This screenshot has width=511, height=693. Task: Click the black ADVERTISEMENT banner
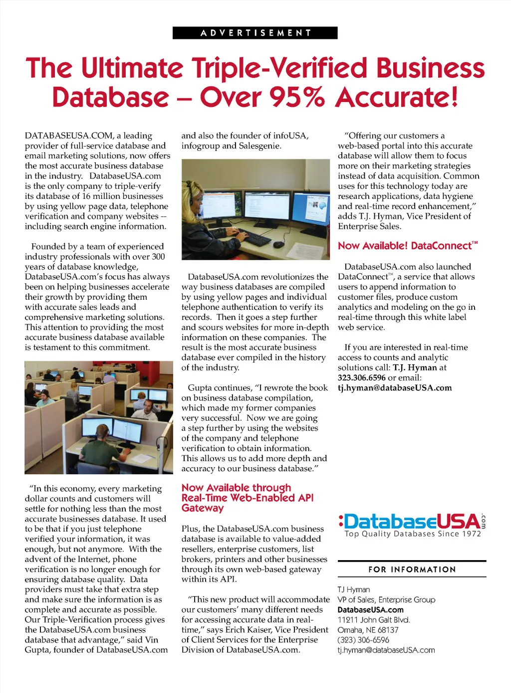pos(255,33)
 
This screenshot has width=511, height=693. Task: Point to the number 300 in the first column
pos(158,256)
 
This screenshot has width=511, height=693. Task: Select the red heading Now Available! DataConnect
pos(407,246)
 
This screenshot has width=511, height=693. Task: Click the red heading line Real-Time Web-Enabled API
pos(248,498)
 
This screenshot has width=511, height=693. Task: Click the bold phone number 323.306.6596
pos(362,378)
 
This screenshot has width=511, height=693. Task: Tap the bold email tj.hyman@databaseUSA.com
pos(395,388)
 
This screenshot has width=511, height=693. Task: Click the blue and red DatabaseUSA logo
pos(412,521)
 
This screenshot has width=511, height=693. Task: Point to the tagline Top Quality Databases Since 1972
pos(413,534)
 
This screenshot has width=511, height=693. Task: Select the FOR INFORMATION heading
pos(412,570)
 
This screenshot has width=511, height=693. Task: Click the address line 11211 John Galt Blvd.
pos(374,620)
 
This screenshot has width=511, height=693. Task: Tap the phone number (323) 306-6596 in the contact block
pos(363,640)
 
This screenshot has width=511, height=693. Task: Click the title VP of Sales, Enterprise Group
pos(386,600)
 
